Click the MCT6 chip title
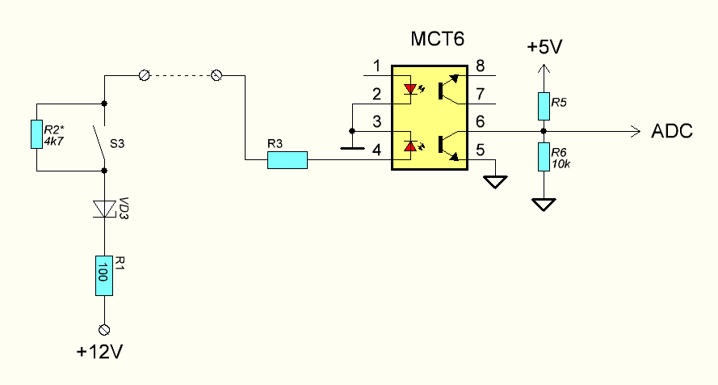(437, 39)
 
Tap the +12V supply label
(100, 352)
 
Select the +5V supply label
(544, 47)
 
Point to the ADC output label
(672, 131)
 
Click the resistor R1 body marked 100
(104, 276)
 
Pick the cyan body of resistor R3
(288, 160)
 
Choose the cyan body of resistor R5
(544, 106)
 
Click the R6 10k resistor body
(544, 157)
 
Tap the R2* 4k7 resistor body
(36, 134)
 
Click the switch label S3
(117, 144)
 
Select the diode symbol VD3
(104, 209)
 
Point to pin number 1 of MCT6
(376, 66)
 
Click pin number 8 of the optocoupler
(480, 66)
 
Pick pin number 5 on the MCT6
(480, 150)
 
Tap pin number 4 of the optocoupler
(376, 150)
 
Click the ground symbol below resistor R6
(544, 205)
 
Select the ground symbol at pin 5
(495, 182)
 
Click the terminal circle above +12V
(104, 329)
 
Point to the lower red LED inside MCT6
(410, 146)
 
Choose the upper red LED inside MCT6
(410, 88)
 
